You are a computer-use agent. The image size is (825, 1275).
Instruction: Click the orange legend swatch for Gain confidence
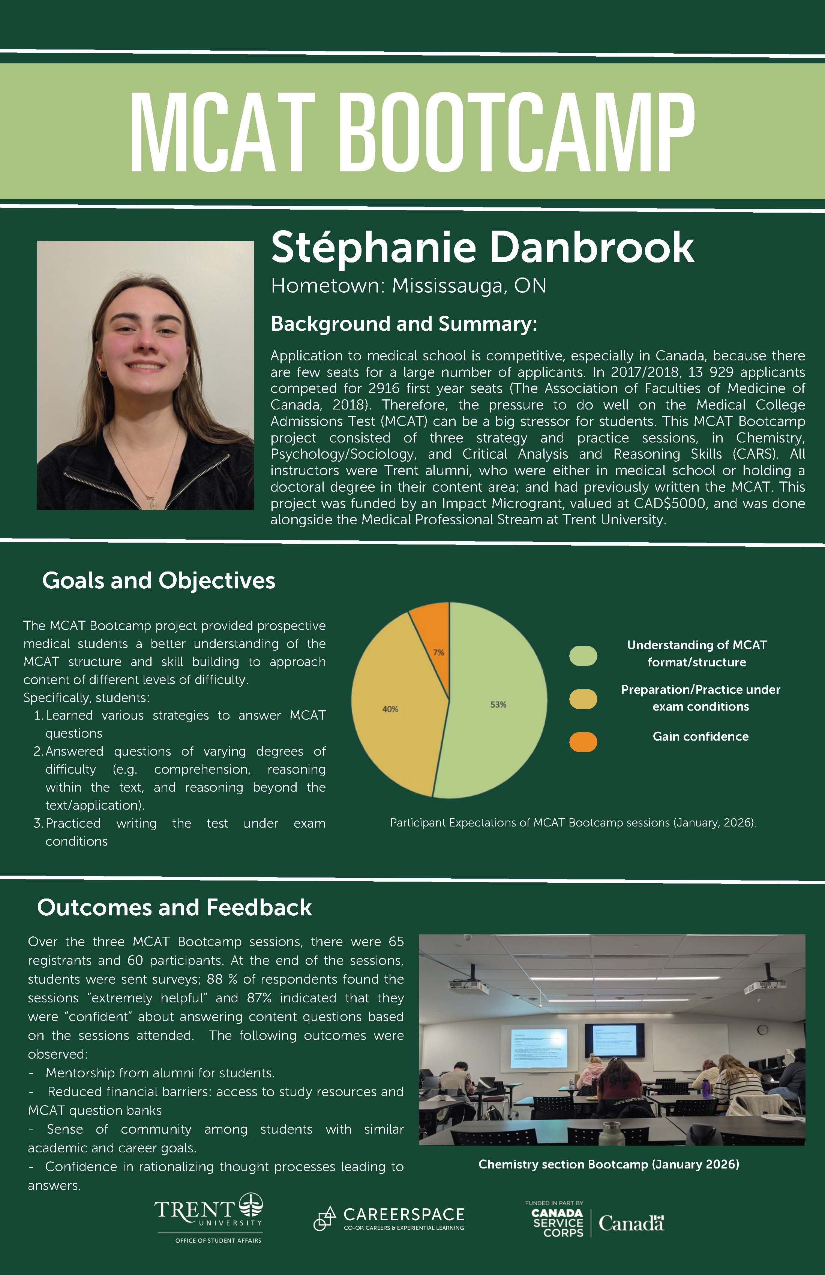583,742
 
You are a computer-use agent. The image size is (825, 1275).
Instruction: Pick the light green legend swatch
583,656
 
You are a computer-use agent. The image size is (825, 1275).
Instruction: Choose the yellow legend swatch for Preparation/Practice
583,699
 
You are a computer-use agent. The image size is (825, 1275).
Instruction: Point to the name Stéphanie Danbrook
482,247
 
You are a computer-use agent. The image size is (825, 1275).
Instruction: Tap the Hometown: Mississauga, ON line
408,286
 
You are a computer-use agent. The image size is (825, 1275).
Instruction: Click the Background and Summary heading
403,324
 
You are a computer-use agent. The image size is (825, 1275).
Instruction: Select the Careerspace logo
389,1219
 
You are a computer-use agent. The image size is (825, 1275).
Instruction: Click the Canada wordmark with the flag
631,1223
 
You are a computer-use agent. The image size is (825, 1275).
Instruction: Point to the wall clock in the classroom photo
762,1030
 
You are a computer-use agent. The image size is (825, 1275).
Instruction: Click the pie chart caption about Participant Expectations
573,823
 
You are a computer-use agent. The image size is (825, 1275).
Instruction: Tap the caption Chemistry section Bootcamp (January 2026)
609,1164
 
